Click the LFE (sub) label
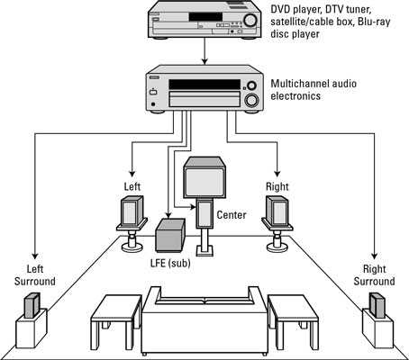170,263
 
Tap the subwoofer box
170,235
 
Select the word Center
232,215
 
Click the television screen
204,183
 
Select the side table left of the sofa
116,321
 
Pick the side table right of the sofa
293,321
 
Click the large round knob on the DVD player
250,20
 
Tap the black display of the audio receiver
204,85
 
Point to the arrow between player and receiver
204,51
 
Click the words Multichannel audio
314,84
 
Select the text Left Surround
35,275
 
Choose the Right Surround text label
374,275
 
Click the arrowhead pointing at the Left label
132,174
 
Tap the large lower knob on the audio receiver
251,100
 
